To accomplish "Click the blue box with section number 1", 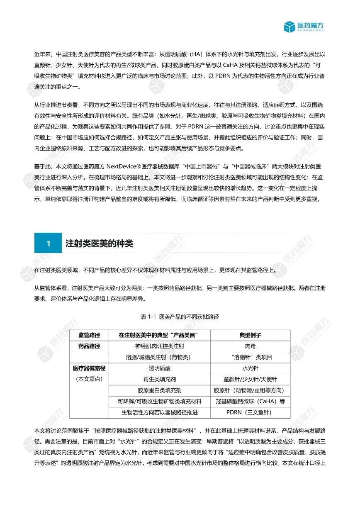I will [48, 244].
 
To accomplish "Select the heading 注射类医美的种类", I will [100, 244].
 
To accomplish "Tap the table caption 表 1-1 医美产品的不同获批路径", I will [180, 317].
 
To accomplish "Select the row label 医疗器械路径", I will [89, 368].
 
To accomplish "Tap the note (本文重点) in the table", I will [89, 379].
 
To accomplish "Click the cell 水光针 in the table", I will [250, 368].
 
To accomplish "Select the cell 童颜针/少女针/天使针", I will [250, 379].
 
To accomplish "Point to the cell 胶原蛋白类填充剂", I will [160, 390].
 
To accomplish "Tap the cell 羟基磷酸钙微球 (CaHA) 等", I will [250, 401].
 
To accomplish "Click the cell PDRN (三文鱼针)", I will [250, 412].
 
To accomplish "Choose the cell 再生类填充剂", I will [160, 379].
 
